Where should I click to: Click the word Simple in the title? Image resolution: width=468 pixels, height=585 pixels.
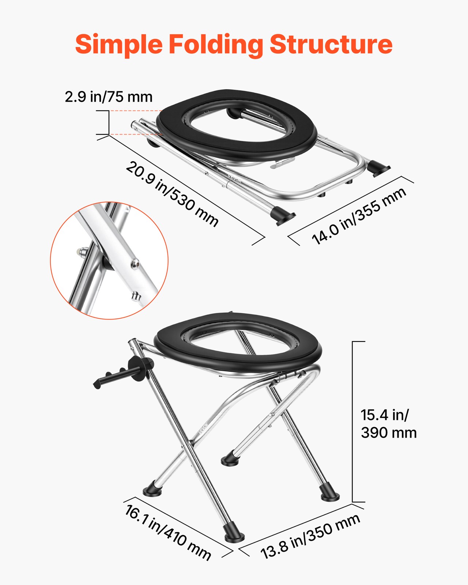[x=119, y=45]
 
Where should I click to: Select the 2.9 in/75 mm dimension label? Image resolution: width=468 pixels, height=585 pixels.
[x=109, y=97]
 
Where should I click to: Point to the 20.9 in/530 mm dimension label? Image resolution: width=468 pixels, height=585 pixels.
[x=172, y=194]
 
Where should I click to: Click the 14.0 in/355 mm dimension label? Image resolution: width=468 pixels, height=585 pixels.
[x=359, y=216]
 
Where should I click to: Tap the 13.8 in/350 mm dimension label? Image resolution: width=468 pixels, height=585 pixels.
[x=310, y=536]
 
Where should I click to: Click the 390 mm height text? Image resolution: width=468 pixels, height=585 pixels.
[x=389, y=433]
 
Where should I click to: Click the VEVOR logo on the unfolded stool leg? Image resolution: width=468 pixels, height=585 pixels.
[x=203, y=428]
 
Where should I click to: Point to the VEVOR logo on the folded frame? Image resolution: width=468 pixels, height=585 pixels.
[x=234, y=178]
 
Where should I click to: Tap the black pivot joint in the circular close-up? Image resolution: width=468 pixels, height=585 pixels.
[x=107, y=263]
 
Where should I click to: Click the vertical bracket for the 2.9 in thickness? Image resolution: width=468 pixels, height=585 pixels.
[x=109, y=122]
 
